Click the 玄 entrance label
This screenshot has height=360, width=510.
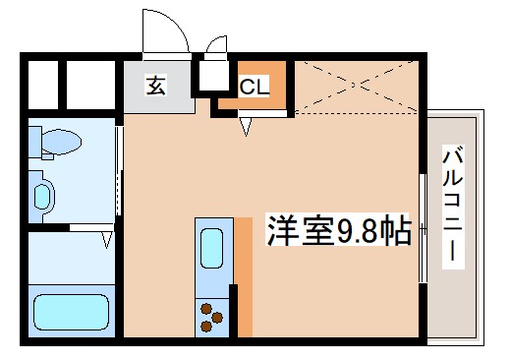155,86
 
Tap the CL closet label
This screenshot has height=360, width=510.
254,87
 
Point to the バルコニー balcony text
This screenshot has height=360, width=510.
453,205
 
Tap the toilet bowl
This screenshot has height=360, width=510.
59,144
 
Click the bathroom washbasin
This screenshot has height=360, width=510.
41,195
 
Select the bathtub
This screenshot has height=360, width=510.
70,312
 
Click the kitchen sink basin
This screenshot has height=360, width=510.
211,248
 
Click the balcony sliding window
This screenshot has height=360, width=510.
423,231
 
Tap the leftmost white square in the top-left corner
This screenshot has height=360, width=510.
43,84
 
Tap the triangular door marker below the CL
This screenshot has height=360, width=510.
249,124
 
